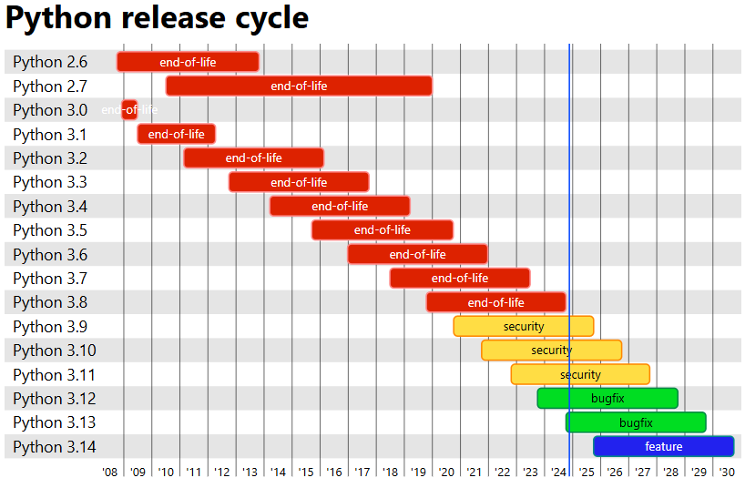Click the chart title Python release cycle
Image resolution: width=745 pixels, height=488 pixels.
tap(157, 18)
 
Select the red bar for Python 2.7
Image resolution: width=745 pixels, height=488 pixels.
tap(299, 86)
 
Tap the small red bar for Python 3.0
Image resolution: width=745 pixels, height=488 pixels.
tap(129, 110)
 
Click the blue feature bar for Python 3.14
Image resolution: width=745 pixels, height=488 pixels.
tap(663, 447)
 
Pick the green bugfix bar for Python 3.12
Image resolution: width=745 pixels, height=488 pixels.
tap(607, 399)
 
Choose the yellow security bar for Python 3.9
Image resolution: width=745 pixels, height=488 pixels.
tap(524, 326)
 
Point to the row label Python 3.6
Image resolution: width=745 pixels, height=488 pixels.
tap(50, 254)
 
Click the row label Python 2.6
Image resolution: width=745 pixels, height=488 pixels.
tap(50, 62)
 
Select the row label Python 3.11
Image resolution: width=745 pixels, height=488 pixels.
tap(54, 374)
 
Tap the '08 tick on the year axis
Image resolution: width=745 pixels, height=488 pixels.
tap(110, 473)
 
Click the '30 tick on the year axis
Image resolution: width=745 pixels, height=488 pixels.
tap(727, 473)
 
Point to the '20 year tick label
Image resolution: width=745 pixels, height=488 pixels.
tap(446, 473)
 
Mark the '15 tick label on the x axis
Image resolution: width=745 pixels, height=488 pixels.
tap(306, 473)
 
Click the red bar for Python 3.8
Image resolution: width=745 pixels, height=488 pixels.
tap(496, 302)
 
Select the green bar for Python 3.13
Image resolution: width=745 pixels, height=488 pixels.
tap(636, 422)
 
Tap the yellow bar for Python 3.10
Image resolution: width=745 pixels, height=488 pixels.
tap(551, 351)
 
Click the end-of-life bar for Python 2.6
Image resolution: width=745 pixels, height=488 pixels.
tap(188, 62)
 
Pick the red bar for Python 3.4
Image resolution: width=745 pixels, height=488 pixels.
tap(340, 206)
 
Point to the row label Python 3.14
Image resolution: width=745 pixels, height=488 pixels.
tap(54, 447)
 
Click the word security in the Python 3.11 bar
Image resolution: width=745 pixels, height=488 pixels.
tap(580, 374)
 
